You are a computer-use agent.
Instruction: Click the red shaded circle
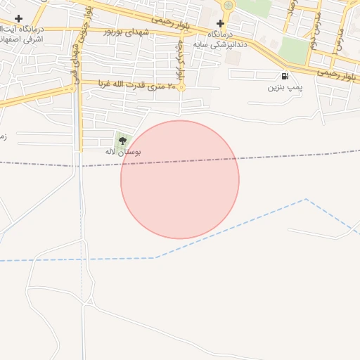click(180, 180)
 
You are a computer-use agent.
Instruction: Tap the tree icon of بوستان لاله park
click(124, 141)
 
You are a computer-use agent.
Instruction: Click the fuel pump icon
click(284, 77)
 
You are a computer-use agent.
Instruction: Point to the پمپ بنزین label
click(284, 88)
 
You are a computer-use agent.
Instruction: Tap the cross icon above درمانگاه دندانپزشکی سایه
click(221, 23)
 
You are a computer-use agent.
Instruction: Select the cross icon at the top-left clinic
click(18, 18)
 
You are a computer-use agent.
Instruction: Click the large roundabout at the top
click(228, 6)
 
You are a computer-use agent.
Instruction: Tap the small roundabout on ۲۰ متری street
click(181, 88)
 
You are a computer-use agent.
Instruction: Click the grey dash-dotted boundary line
click(42, 165)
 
